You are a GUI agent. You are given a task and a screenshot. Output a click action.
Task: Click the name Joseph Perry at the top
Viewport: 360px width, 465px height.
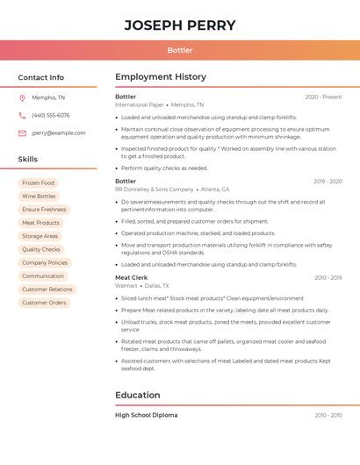point(180,25)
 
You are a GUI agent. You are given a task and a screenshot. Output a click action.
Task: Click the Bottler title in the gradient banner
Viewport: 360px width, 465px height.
point(180,50)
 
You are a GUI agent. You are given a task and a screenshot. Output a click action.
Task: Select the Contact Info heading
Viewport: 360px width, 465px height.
point(40,77)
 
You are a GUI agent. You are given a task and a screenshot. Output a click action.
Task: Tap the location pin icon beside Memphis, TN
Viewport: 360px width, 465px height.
point(22,97)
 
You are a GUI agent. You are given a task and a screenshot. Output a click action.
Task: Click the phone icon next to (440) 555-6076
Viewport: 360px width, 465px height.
point(22,115)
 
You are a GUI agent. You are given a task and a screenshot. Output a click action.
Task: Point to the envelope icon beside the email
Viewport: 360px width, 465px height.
point(22,133)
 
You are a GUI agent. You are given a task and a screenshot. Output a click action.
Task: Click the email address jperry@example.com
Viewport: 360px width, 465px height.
point(59,133)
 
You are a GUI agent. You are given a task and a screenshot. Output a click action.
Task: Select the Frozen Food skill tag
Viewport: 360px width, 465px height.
point(38,183)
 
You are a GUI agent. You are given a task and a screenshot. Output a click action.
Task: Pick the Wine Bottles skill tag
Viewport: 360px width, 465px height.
point(39,197)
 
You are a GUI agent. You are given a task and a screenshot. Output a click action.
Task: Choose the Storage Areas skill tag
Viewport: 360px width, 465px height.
point(40,236)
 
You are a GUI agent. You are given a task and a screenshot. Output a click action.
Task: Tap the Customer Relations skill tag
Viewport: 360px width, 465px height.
point(47,290)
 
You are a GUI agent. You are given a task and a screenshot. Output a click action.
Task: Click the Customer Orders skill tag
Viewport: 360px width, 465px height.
point(44,303)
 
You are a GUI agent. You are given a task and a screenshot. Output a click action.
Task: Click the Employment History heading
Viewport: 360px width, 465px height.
point(161,77)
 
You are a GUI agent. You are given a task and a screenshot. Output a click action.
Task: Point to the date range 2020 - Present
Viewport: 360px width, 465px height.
point(323,97)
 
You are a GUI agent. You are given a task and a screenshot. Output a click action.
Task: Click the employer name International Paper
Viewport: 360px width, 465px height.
point(140,104)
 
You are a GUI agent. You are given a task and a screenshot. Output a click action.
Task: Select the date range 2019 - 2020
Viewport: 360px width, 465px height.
point(328,182)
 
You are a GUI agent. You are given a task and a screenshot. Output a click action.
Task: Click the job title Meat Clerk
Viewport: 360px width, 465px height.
point(132,277)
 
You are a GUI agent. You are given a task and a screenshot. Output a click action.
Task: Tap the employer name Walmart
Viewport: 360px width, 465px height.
point(126,285)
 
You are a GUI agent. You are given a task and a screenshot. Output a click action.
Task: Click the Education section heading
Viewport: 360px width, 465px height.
point(138,395)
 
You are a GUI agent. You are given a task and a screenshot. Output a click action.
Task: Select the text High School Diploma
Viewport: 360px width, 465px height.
point(146,415)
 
